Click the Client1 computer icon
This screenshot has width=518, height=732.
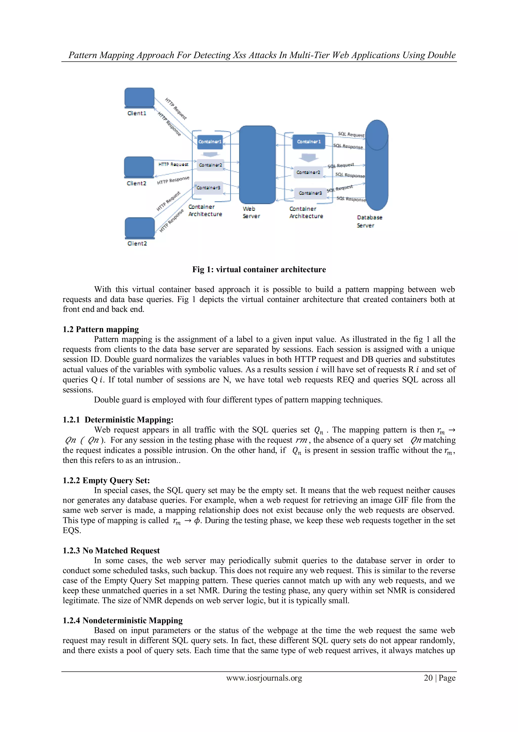coord(139,98)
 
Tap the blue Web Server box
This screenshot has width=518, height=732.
coord(257,165)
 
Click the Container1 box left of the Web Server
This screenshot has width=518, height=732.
coord(210,142)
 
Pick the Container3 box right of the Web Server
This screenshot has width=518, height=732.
coord(310,193)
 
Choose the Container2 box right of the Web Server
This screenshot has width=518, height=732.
coord(308,172)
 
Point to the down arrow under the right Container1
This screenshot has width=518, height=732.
coord(308,157)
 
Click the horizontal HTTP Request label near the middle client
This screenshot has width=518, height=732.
coord(173,164)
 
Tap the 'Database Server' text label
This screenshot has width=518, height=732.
coord(369,221)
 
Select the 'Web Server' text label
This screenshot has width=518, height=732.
coord(251,212)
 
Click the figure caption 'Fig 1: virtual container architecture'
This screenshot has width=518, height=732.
coord(259,269)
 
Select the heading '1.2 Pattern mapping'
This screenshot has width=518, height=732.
coord(101,329)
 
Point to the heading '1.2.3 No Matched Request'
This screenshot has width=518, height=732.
coord(111,550)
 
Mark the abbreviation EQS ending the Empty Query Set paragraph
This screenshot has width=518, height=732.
coord(72,531)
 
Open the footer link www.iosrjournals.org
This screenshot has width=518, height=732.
coord(264,678)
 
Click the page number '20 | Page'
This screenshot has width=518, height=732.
coord(439,678)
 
